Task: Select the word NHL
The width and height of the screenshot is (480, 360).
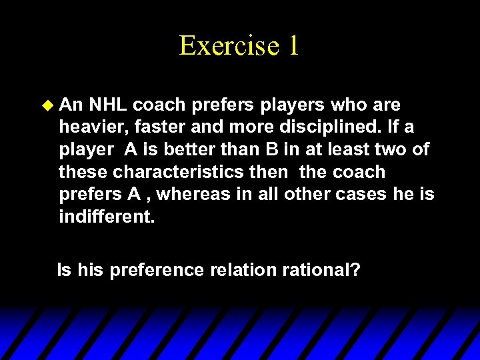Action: click(x=107, y=105)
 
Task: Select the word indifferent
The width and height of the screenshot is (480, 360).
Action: click(x=107, y=216)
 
